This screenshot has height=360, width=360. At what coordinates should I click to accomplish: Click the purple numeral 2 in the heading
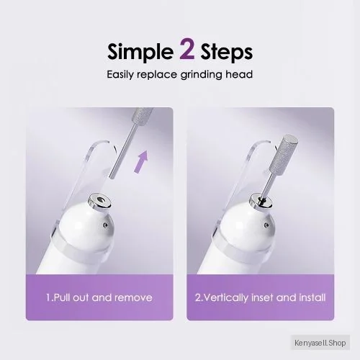click(x=187, y=50)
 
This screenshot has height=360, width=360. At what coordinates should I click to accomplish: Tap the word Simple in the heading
click(x=140, y=53)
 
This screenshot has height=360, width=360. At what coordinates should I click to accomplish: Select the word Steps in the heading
click(x=227, y=53)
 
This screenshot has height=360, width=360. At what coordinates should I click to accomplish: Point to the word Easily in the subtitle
click(x=121, y=75)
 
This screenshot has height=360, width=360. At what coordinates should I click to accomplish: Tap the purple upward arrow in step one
click(x=141, y=162)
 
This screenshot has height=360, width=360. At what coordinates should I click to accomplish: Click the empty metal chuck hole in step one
click(x=100, y=200)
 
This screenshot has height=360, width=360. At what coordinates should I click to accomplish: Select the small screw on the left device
click(x=104, y=225)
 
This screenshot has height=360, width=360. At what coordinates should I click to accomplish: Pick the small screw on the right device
click(x=266, y=225)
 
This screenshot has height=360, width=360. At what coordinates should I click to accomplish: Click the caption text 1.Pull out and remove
click(x=99, y=297)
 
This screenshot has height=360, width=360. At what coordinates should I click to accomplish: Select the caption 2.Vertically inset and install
click(x=260, y=297)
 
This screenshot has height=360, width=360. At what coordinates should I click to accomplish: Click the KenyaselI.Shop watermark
click(x=320, y=343)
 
